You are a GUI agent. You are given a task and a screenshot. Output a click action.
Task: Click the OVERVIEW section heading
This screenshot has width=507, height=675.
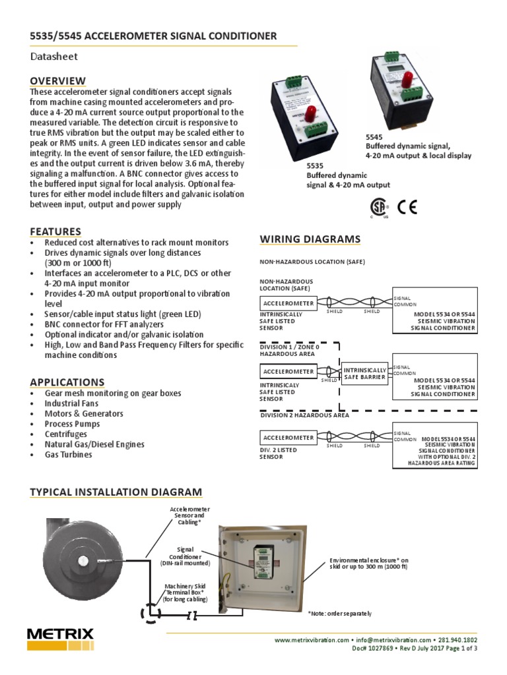tap(58, 80)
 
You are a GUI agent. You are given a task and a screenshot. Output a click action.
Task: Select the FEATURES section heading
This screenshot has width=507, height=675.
tap(55, 231)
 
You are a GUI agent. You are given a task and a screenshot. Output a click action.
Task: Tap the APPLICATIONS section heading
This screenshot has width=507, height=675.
tap(67, 382)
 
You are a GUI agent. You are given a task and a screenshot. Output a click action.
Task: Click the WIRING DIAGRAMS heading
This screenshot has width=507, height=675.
tap(310, 239)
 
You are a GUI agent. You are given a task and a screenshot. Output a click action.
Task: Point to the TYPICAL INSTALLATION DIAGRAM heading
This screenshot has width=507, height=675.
tap(116, 492)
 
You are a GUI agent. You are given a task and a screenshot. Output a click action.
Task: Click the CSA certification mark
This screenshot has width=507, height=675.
tap(380, 208)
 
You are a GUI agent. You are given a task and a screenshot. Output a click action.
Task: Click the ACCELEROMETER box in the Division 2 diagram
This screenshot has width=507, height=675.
tap(288, 438)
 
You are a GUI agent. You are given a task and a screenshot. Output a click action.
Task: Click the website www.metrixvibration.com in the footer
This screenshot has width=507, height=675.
tap(311, 640)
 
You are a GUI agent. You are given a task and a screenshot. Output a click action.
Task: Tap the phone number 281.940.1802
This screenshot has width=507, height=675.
tap(455, 640)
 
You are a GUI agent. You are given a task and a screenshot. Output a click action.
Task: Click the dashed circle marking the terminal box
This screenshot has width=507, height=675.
tap(150, 614)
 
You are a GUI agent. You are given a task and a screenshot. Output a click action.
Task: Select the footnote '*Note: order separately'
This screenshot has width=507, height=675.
tap(339, 614)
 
